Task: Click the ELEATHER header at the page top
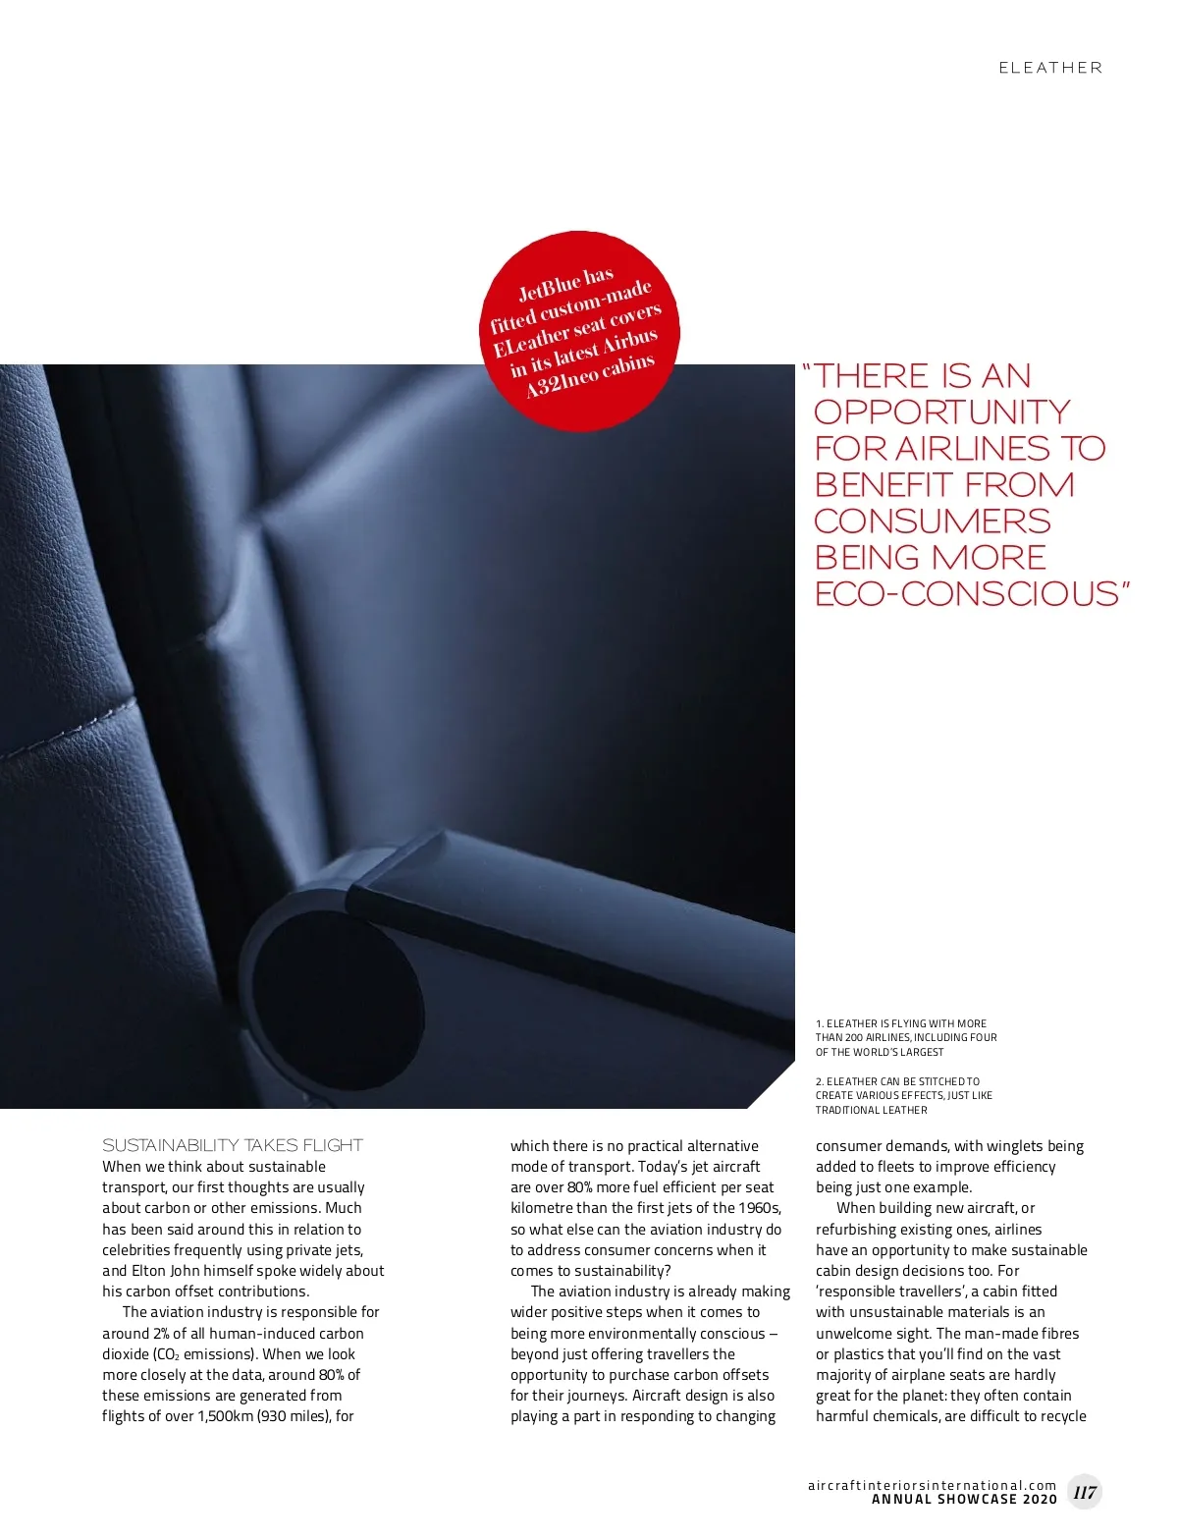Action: click(x=1050, y=68)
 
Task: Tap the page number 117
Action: click(x=1085, y=1492)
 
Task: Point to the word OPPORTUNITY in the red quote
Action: click(x=941, y=412)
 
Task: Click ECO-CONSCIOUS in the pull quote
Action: click(x=967, y=593)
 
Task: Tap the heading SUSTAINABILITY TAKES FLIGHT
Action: click(x=233, y=1145)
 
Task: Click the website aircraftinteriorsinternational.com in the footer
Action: click(x=932, y=1485)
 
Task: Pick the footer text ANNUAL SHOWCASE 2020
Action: click(x=964, y=1500)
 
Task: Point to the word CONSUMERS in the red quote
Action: click(x=932, y=521)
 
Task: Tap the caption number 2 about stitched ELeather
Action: click(x=820, y=1081)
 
